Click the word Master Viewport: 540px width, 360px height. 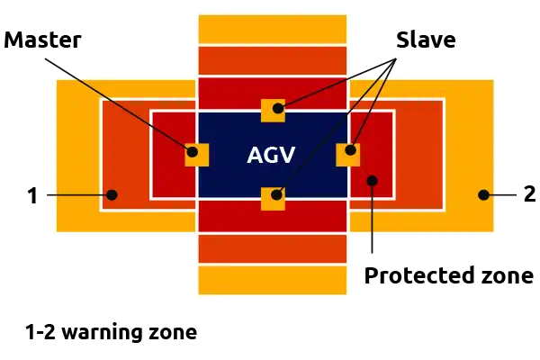[x=42, y=40]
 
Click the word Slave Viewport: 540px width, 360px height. [x=426, y=40]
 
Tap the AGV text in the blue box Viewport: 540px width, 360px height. [x=271, y=155]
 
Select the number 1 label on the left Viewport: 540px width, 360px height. [x=32, y=195]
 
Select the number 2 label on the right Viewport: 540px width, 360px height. [x=530, y=194]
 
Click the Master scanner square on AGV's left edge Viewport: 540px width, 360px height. [x=196, y=155]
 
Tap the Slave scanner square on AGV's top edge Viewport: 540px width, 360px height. [x=273, y=111]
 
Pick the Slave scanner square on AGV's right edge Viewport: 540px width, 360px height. [x=347, y=155]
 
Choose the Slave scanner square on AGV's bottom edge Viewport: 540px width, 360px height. [x=273, y=199]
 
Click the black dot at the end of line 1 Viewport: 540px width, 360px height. [x=112, y=195]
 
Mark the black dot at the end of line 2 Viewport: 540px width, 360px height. [x=483, y=195]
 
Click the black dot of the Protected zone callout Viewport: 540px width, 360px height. [x=372, y=181]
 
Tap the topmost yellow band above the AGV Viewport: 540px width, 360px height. [x=273, y=29]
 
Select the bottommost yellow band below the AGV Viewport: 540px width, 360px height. [x=273, y=280]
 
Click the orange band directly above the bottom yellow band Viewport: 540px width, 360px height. [x=273, y=249]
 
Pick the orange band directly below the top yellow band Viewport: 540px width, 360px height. [x=273, y=60]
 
